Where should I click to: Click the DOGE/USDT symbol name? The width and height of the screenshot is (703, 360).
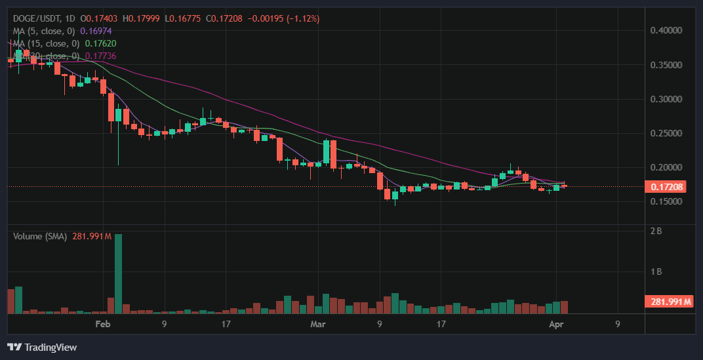[x=35, y=19]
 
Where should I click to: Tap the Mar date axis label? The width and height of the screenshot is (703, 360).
[x=318, y=324]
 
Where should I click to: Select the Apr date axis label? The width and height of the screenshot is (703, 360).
[x=556, y=324]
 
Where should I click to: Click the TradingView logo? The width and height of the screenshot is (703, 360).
[x=42, y=347]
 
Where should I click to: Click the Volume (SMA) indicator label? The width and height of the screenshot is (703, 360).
[x=39, y=236]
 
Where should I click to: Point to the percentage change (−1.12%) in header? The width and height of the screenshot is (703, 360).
[x=298, y=19]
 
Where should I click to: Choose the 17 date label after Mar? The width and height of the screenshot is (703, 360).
[x=441, y=324]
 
